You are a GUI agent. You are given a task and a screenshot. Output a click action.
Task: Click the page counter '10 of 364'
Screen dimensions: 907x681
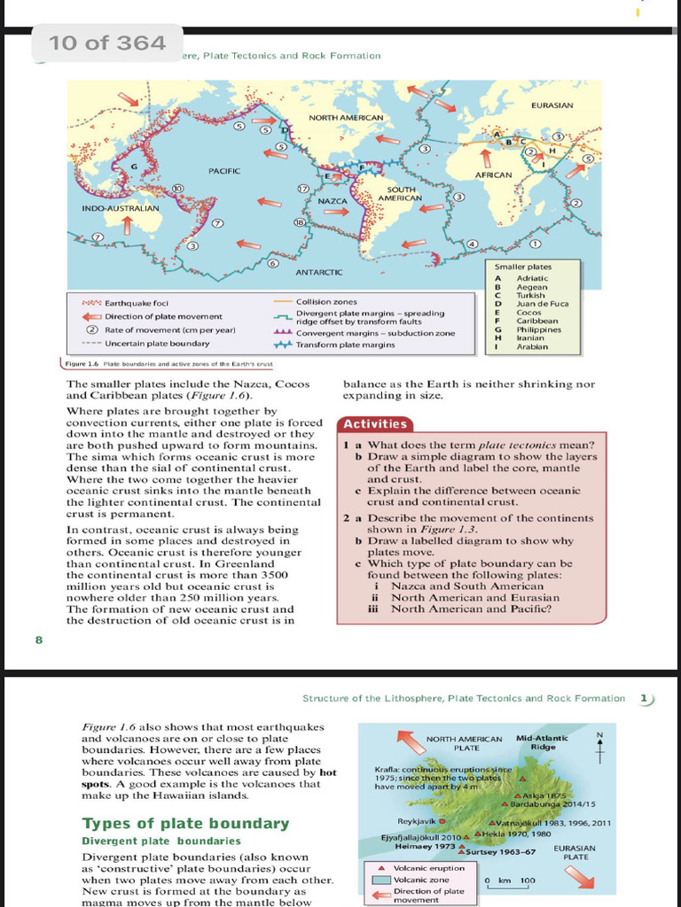click(107, 43)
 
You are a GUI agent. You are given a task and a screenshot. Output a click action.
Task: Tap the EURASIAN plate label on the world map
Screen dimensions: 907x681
click(552, 105)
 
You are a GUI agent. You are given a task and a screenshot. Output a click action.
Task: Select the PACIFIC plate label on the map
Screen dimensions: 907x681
click(225, 169)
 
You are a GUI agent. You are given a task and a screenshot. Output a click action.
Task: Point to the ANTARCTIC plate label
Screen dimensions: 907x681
click(318, 271)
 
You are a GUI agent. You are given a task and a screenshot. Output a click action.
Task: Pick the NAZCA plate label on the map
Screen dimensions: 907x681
click(332, 201)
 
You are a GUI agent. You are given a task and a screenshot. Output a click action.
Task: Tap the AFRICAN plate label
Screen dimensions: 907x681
click(493, 174)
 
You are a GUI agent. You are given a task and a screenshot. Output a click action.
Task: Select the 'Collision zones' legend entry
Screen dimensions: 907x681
click(326, 302)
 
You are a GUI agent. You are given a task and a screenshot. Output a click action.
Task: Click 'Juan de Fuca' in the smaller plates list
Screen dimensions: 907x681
click(543, 304)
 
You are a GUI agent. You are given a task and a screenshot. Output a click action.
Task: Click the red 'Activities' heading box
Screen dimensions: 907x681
click(375, 424)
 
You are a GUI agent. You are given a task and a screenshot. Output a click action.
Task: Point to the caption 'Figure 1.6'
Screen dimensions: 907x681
click(82, 365)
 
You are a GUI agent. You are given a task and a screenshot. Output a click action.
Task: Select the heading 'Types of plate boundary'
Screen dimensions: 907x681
click(185, 824)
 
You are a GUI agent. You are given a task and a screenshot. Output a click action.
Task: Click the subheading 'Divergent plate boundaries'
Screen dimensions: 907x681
click(160, 841)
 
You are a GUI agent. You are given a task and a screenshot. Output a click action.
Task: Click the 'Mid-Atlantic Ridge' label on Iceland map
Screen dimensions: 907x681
click(542, 742)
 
